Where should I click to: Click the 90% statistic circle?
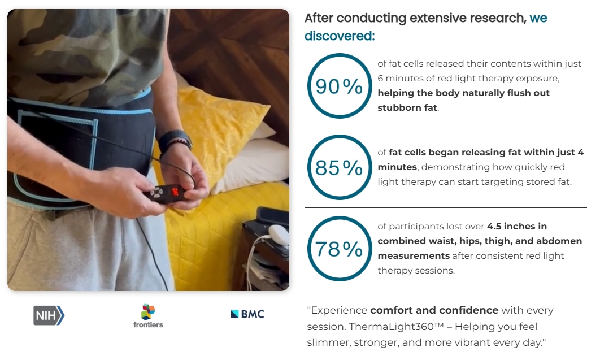point(308,86)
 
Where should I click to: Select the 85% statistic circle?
point(308,167)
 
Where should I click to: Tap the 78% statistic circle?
point(308,249)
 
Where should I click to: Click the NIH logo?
point(49,315)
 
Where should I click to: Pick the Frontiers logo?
point(148,316)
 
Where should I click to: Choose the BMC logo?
point(247,314)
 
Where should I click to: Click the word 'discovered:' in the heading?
point(340,36)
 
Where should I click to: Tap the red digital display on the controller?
point(176,191)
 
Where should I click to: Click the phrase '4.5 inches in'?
point(516,226)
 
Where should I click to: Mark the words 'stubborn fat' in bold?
point(407,107)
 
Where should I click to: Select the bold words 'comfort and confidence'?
point(434,310)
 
